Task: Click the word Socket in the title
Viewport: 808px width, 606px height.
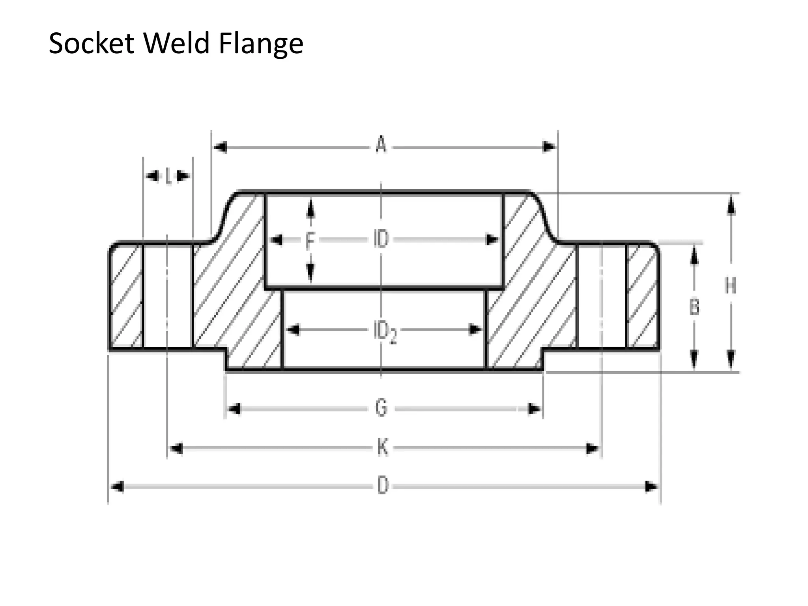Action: (x=91, y=43)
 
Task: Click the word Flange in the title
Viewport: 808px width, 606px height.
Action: (x=261, y=44)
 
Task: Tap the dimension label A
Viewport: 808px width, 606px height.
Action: (x=381, y=145)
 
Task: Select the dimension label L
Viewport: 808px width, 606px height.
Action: (x=168, y=176)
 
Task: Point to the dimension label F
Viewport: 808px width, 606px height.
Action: (x=310, y=240)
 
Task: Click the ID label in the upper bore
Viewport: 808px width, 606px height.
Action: (x=381, y=239)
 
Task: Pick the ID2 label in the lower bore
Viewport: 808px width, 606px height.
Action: (x=384, y=331)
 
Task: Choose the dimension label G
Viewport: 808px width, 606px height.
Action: (x=381, y=408)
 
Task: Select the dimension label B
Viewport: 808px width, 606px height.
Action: (x=694, y=307)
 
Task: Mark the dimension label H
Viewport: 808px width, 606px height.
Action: (x=730, y=286)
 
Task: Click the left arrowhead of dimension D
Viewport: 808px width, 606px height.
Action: (x=118, y=487)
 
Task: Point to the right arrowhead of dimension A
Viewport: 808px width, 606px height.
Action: (x=549, y=147)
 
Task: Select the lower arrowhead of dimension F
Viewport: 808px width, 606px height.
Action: (x=310, y=272)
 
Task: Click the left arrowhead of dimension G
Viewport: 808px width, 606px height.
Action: (x=234, y=409)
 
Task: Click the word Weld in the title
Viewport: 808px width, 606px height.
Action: (x=176, y=43)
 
